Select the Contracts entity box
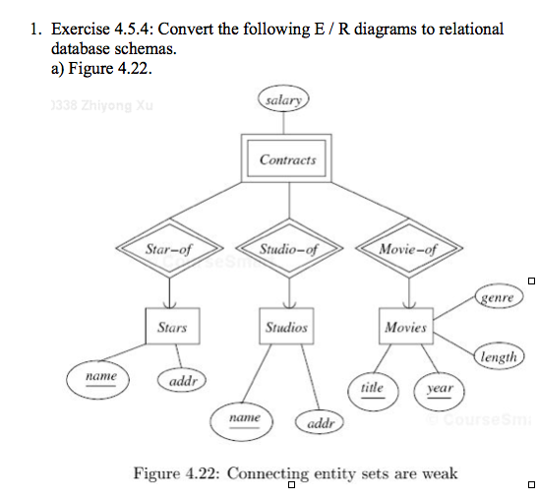(288, 158)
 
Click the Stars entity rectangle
(171, 326)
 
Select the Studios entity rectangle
(286, 326)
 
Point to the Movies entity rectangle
(405, 326)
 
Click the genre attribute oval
(499, 296)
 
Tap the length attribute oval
(499, 357)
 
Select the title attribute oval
(372, 388)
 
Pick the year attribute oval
(439, 388)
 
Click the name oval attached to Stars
(101, 377)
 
